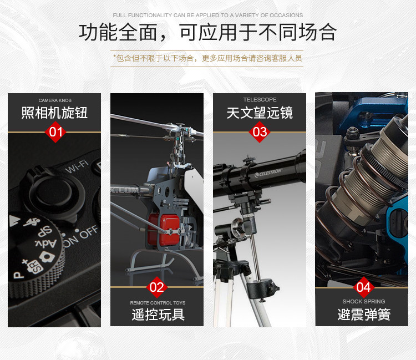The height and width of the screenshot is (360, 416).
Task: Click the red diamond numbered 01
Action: tap(55, 132)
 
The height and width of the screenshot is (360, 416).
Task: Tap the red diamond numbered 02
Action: tap(157, 287)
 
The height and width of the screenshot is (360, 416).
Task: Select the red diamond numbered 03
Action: tap(260, 132)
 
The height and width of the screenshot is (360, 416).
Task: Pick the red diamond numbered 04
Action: tap(363, 287)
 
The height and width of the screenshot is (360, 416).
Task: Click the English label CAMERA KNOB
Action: tap(55, 100)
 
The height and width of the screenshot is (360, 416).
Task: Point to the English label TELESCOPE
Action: tap(260, 99)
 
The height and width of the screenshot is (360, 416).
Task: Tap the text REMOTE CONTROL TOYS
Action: tap(158, 303)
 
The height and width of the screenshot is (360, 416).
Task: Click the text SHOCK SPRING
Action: tap(363, 301)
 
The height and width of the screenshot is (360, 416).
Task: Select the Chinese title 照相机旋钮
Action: tap(54, 113)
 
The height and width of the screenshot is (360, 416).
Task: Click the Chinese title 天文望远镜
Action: tap(260, 113)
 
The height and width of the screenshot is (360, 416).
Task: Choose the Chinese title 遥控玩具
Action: tap(158, 315)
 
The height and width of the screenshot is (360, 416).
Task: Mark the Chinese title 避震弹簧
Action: tap(364, 315)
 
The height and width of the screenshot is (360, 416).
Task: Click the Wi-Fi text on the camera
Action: tap(77, 166)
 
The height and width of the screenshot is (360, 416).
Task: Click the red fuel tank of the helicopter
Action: tap(164, 229)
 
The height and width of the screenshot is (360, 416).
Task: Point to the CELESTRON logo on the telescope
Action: tap(268, 173)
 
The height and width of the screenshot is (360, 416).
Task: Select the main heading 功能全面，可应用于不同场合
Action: tap(208, 32)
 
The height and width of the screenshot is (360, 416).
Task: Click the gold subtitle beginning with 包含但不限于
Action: tap(207, 58)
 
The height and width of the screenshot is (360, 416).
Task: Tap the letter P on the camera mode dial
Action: tap(18, 275)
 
